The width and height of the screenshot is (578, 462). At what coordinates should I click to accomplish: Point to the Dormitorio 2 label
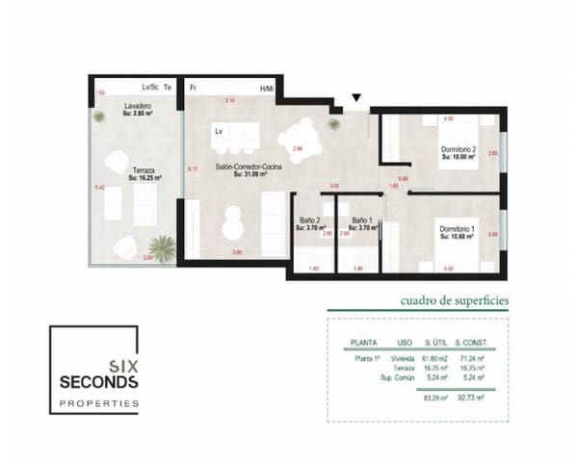[x=459, y=149]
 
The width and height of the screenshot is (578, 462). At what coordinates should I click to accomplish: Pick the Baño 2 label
[x=308, y=221]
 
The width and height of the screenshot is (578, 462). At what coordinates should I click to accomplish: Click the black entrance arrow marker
[x=357, y=97]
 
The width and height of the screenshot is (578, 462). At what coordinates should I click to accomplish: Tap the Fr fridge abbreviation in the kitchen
[x=194, y=88]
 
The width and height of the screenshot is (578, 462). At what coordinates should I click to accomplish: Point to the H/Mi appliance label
[x=267, y=88]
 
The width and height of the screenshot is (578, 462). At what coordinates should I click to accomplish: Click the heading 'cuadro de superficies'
[x=454, y=300]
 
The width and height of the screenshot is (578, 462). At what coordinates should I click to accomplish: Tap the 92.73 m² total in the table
[x=473, y=396]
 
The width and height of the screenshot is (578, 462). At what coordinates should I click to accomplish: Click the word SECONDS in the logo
[x=99, y=382]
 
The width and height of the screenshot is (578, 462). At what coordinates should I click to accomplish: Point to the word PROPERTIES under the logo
[x=99, y=402]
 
